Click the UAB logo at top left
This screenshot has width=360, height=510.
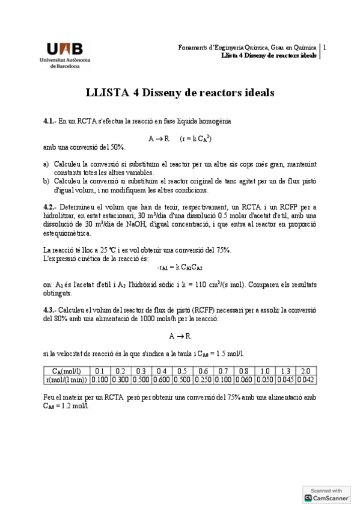[x=65, y=55]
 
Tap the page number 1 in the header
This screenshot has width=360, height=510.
[x=325, y=47]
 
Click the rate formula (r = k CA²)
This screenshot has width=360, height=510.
[x=195, y=138]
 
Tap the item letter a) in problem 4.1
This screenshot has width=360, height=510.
[x=46, y=164]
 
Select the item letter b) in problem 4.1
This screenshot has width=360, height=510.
[x=46, y=180]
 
